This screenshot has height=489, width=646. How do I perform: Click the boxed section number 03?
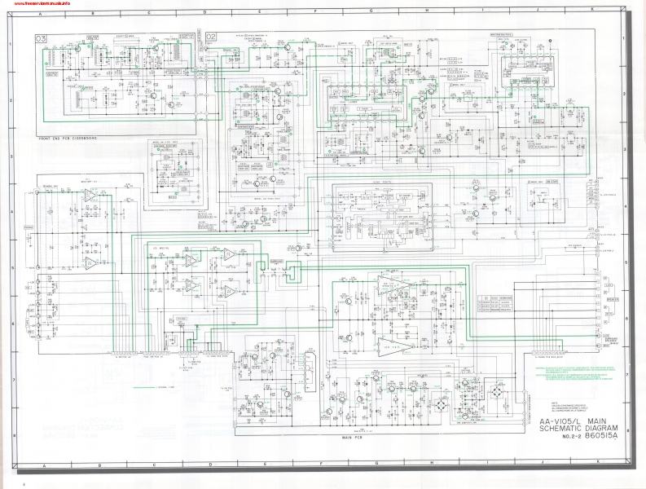41,37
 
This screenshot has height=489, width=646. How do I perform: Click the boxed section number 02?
211,37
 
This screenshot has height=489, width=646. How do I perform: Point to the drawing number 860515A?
602,434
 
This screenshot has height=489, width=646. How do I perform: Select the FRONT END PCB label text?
66,139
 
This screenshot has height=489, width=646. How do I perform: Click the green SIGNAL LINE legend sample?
143,385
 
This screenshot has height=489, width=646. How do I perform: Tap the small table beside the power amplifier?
498,303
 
